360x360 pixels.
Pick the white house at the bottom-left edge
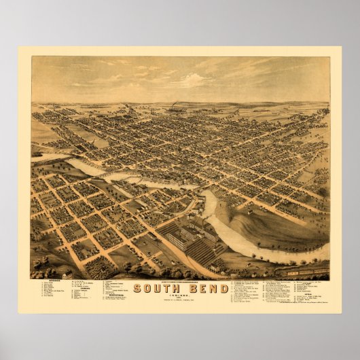click(67, 276)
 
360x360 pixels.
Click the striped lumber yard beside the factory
click(204, 251)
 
